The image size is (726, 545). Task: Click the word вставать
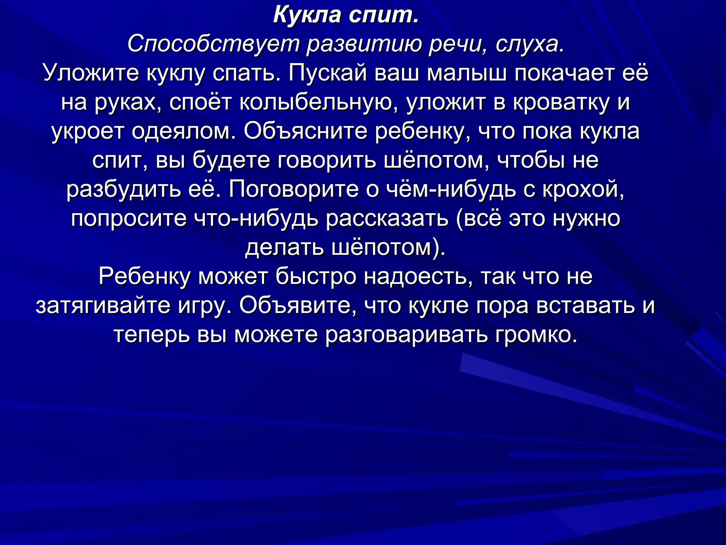click(585, 305)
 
